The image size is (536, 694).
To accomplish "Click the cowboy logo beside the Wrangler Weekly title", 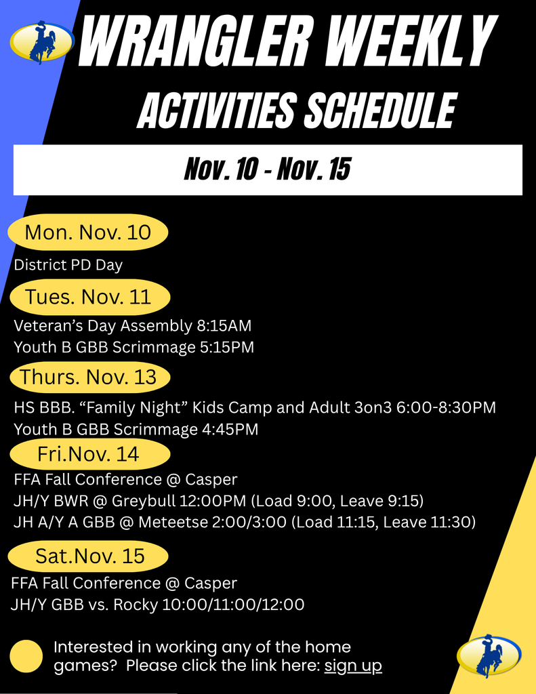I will [42, 41].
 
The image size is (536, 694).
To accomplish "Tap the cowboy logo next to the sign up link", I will [489, 655].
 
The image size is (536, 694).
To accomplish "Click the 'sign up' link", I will [353, 666].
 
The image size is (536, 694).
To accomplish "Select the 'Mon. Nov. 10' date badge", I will [88, 232].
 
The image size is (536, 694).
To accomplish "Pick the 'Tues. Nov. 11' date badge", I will [89, 297].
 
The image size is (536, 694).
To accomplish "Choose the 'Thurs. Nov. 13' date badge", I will [89, 377].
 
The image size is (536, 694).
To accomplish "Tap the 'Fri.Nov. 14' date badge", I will [88, 453].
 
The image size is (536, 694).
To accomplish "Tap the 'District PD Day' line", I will [68, 265].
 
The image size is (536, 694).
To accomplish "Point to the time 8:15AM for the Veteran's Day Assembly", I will [224, 326].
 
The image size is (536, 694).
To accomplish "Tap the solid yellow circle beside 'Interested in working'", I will [26, 656].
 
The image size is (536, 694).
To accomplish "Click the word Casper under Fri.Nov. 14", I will [211, 479].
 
